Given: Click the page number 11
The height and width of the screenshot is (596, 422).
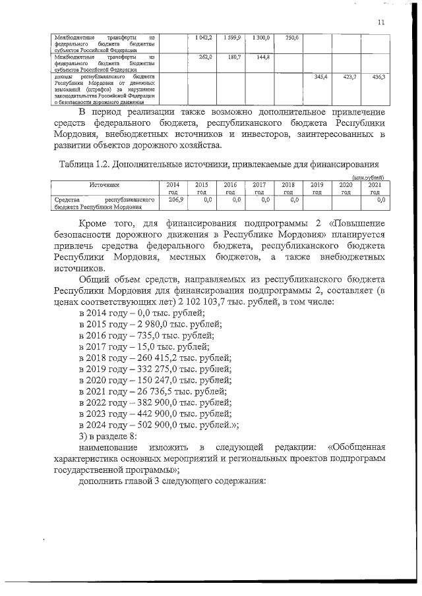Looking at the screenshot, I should (x=381, y=22).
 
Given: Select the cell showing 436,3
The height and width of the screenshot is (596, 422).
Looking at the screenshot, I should (x=378, y=77).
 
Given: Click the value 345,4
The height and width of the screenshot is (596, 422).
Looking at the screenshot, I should (x=320, y=77).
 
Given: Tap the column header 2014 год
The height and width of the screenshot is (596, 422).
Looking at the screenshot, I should (x=173, y=188).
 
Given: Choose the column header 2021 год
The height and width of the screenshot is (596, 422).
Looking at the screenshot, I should (x=375, y=188).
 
